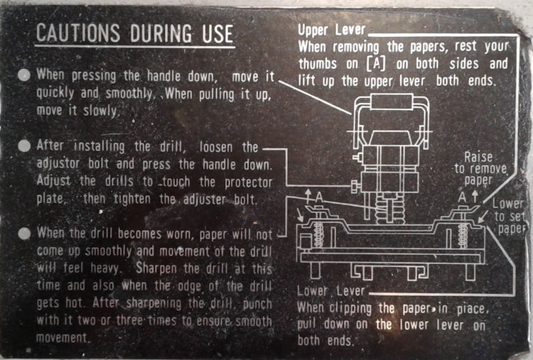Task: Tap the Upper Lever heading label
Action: (331, 31)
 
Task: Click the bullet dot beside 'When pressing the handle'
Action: (24, 75)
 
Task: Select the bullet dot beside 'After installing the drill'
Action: (24, 146)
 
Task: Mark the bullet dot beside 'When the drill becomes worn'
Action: (24, 233)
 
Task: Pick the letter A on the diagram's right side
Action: (463, 195)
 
